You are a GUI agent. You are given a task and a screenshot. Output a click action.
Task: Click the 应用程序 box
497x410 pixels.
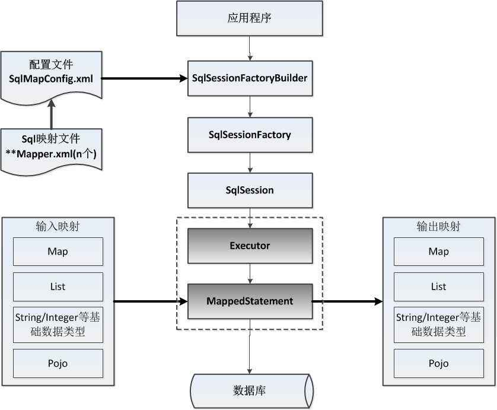point(250,18)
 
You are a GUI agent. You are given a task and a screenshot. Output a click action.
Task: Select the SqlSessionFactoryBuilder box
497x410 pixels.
point(250,78)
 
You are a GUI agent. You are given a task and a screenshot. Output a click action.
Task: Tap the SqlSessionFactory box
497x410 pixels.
point(250,135)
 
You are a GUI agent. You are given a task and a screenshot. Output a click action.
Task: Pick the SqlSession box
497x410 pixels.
point(250,190)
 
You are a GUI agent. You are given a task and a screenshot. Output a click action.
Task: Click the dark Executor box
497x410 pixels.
point(250,246)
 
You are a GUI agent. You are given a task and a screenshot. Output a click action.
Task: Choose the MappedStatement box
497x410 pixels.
point(250,301)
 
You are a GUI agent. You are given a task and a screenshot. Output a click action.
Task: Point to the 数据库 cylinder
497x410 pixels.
point(250,390)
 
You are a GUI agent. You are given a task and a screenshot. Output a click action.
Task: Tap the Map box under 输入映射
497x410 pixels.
point(58,252)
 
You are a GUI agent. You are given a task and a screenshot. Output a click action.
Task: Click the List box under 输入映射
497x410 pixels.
point(58,287)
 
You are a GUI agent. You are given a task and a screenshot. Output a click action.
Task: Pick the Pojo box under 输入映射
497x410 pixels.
point(58,364)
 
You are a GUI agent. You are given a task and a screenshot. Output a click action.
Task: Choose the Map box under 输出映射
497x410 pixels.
point(439,252)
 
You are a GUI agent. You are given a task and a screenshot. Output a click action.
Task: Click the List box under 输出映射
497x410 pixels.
point(439,287)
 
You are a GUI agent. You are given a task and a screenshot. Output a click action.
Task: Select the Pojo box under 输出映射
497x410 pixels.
point(439,364)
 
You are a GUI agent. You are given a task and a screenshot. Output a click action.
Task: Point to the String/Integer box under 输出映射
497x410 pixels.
point(439,325)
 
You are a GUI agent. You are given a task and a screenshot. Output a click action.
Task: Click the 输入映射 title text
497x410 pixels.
point(58,227)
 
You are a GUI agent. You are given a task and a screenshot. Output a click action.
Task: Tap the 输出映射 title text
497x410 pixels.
point(439,227)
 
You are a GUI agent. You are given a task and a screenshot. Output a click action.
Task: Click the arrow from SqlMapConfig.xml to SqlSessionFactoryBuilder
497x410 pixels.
point(142,78)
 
